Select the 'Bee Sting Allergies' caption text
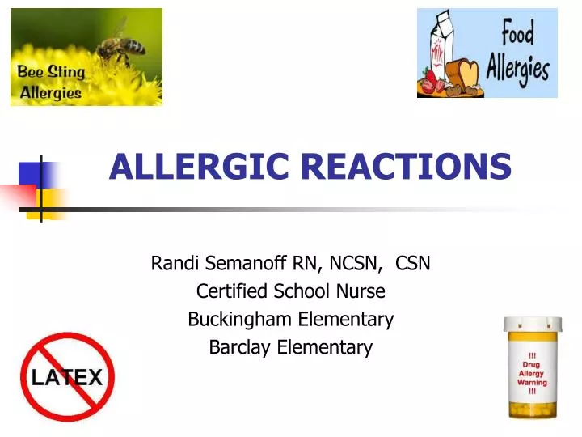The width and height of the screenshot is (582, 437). click(x=50, y=82)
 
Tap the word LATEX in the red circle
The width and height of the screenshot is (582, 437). click(x=66, y=377)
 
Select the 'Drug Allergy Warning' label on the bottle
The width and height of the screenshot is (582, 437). click(x=532, y=373)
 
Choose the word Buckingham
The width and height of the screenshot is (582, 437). click(x=241, y=320)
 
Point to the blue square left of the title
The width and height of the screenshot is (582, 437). click(x=31, y=175)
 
